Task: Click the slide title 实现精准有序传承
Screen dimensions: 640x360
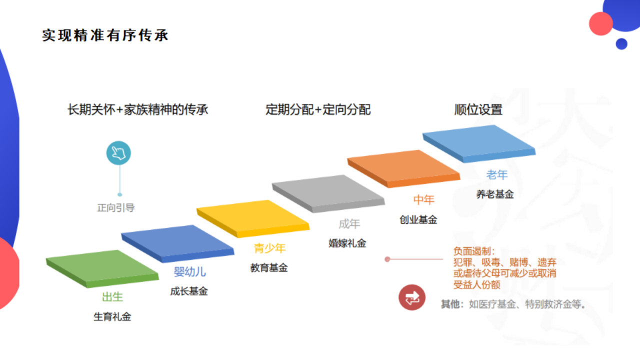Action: point(105,35)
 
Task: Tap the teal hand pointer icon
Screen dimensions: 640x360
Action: point(118,153)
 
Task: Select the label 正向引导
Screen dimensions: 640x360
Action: point(115,207)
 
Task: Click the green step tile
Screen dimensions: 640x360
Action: point(102,268)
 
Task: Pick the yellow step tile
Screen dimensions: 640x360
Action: point(253,218)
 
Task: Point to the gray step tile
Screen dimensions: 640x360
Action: point(328,193)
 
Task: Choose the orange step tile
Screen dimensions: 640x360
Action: point(403,168)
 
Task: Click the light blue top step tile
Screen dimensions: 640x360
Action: point(479,143)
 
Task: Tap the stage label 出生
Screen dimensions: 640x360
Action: point(112,297)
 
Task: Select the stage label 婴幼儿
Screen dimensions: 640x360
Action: point(189,272)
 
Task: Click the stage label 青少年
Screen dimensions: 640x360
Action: point(269,248)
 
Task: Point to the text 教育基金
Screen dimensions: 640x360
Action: point(269,267)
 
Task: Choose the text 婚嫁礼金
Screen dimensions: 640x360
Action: point(347,243)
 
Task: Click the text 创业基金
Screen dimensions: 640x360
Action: point(418,219)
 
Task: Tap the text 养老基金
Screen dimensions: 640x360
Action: point(495,194)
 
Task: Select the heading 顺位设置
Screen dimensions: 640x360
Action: point(478,109)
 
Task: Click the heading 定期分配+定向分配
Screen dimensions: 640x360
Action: point(318,109)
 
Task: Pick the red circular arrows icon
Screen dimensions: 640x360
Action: point(411,297)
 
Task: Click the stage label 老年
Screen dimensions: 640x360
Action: point(497,175)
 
